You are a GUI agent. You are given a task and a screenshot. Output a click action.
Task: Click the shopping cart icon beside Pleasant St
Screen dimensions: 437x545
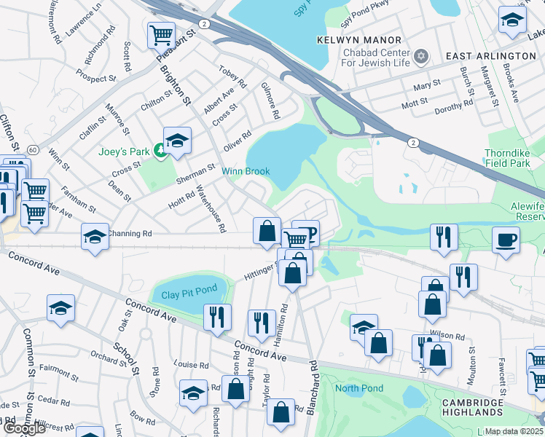point(160,34)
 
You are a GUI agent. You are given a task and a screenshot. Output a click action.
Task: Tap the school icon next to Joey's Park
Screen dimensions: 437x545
point(177,141)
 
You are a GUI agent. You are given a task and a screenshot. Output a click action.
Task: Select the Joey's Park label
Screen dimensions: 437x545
point(123,152)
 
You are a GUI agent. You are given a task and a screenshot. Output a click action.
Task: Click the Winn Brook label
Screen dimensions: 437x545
point(246,172)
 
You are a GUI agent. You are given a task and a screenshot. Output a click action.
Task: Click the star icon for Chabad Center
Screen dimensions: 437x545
point(420,56)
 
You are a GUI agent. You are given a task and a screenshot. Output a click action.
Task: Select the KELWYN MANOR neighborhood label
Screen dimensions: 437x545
point(358,39)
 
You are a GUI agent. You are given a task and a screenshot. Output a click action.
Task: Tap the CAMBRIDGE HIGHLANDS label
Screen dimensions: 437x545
point(472,408)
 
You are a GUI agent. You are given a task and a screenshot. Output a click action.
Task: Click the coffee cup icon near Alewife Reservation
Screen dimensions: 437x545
point(506,239)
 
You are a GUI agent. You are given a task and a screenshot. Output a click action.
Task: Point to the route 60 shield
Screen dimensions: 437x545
point(33,149)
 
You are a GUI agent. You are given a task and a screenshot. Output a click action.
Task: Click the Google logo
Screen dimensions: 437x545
point(23,428)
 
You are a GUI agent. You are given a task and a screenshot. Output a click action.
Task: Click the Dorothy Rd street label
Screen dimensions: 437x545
point(453,106)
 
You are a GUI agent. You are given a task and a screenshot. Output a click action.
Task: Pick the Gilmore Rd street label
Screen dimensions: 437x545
point(270,101)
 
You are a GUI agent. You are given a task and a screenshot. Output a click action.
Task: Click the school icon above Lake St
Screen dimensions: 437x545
point(512,20)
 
